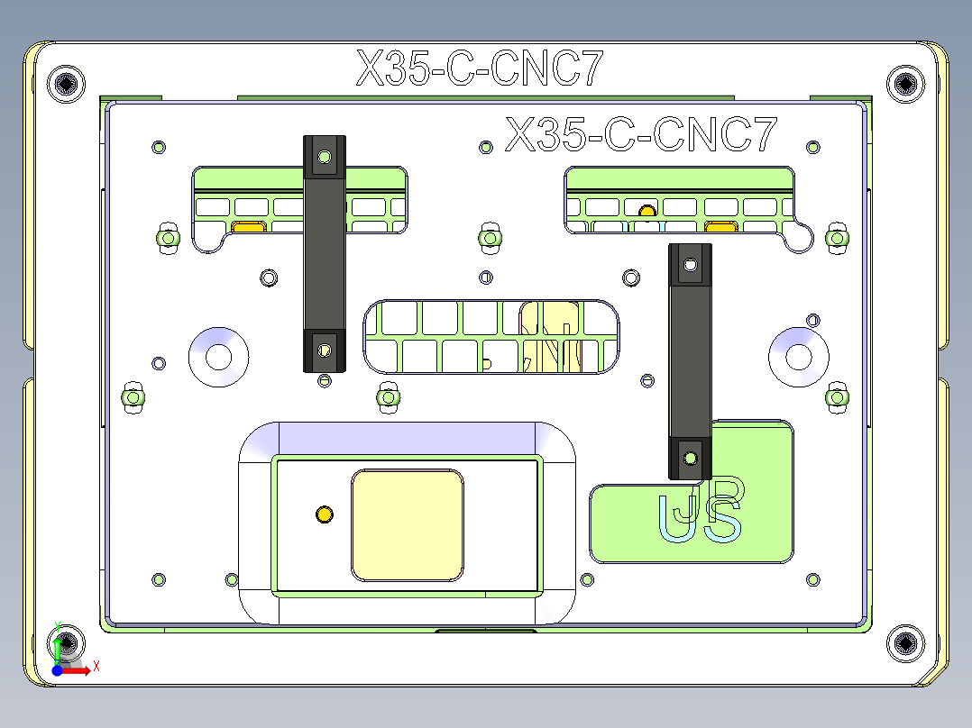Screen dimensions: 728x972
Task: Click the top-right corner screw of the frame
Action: [904, 84]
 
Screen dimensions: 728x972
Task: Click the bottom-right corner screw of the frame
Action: [904, 643]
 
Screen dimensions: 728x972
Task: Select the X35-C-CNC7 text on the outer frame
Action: [479, 68]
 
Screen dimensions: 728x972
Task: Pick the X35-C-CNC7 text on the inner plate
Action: [641, 135]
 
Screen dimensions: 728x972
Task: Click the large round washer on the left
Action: [219, 356]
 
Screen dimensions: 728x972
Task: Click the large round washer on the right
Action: [799, 356]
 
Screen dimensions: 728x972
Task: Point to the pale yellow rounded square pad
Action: [407, 524]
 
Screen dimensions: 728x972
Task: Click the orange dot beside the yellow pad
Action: [324, 514]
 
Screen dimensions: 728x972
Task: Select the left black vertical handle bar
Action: [325, 255]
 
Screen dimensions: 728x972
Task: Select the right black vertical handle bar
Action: [690, 360]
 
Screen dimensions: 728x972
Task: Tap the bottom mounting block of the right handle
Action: [690, 458]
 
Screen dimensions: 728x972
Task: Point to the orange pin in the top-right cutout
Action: [646, 212]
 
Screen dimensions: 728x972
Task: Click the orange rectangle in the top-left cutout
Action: [248, 227]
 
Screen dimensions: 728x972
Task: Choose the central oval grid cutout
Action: [491, 336]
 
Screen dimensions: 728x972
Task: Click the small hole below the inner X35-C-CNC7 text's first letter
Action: [486, 147]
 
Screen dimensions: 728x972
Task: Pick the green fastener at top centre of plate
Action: [489, 237]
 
